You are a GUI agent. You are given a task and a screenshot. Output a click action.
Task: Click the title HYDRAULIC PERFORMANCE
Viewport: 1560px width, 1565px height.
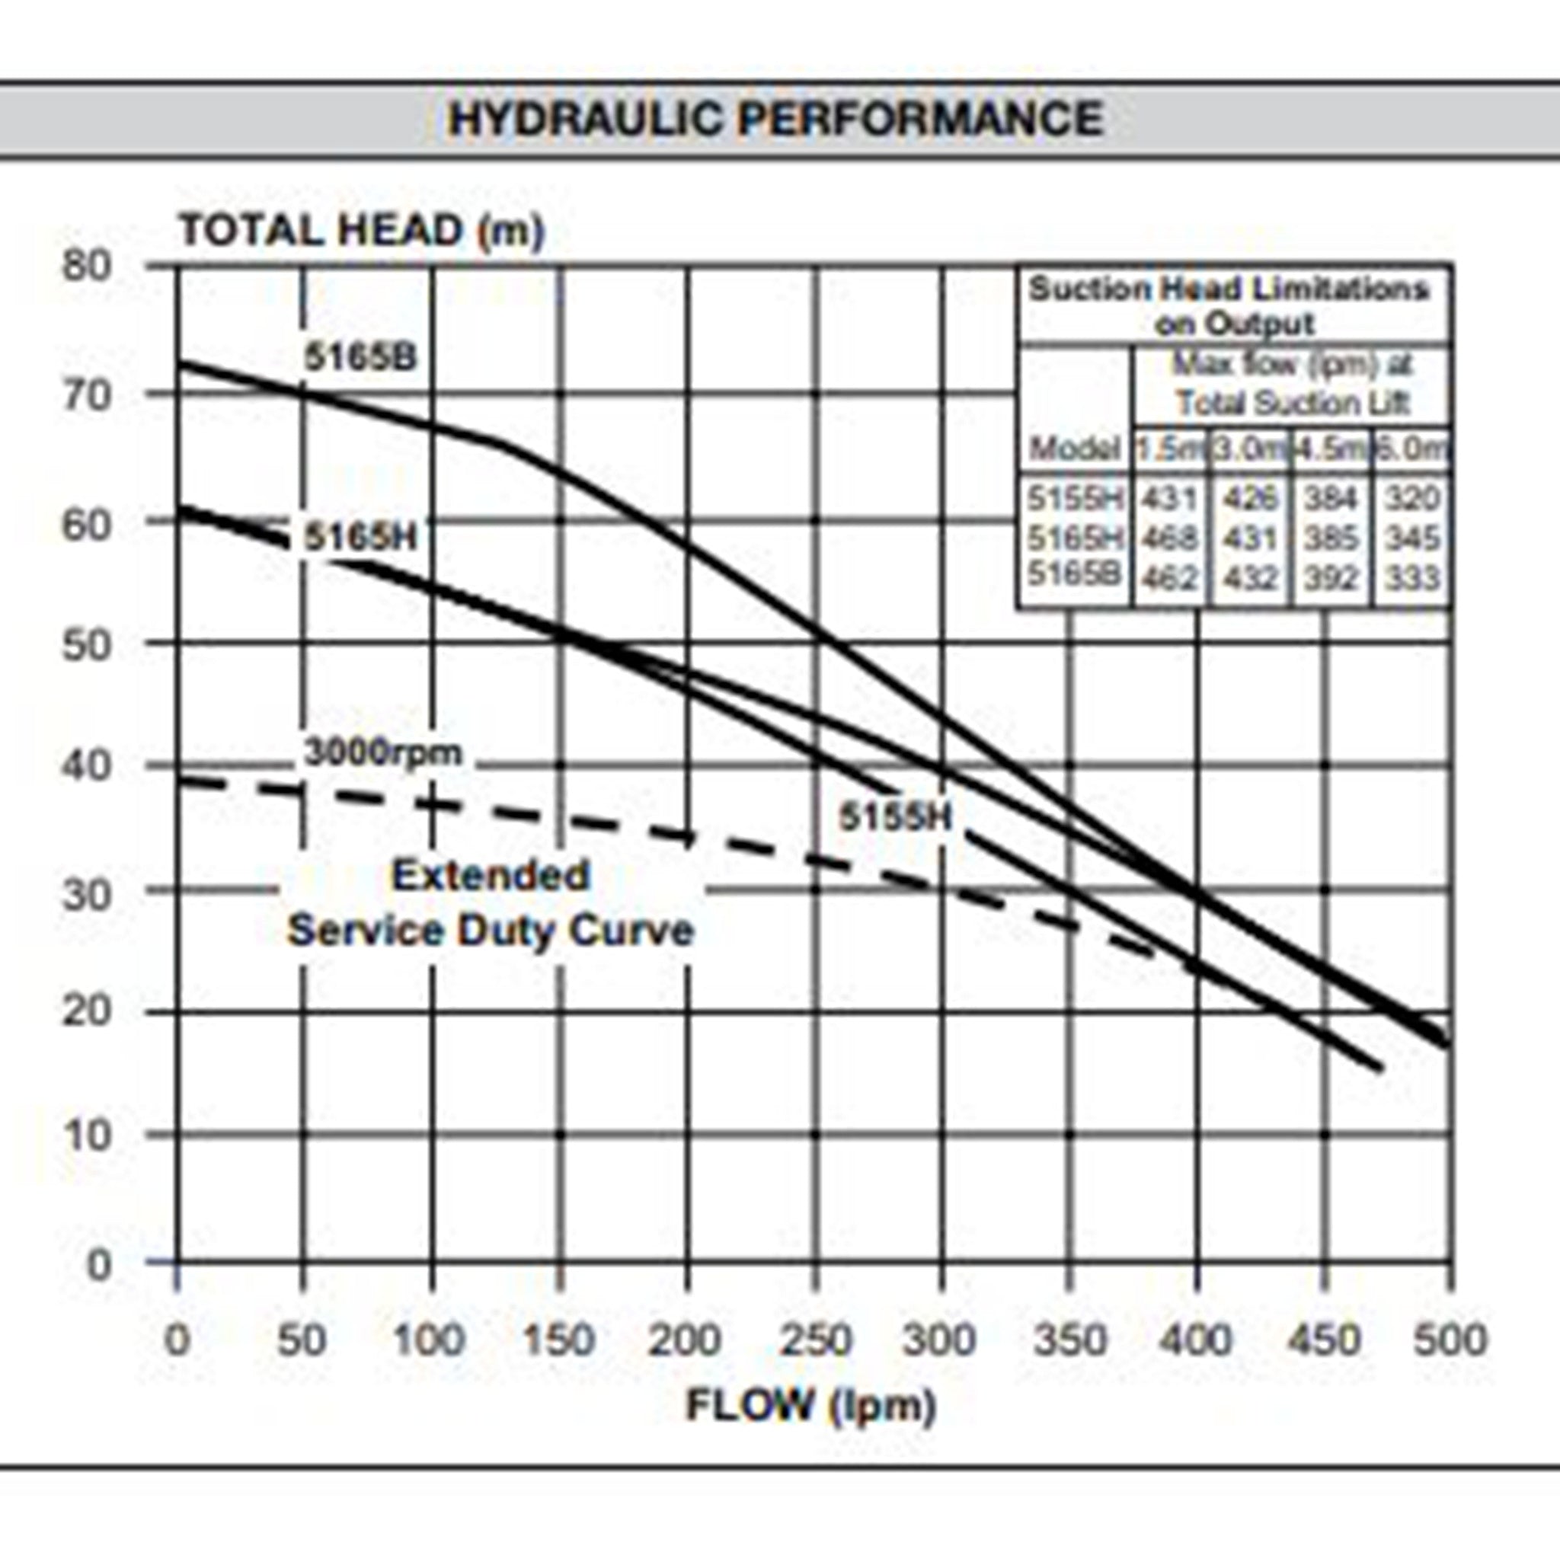click(775, 118)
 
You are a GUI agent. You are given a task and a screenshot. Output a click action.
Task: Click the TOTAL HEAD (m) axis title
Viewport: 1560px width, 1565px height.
click(361, 230)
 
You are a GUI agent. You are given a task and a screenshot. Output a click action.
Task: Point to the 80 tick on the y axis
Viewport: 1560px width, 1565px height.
click(87, 266)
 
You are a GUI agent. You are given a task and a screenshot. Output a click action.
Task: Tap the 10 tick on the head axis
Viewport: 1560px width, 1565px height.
click(87, 1135)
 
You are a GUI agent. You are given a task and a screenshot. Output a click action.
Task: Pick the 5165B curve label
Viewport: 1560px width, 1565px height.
click(360, 357)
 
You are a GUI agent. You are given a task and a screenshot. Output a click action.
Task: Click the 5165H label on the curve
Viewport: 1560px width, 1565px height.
click(360, 536)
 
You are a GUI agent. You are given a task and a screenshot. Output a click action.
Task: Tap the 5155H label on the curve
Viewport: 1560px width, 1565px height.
click(895, 816)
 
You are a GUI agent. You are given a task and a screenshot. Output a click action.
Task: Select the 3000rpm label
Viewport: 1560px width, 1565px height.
click(382, 752)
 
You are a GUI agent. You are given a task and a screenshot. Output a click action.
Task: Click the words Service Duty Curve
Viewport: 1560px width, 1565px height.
click(491, 930)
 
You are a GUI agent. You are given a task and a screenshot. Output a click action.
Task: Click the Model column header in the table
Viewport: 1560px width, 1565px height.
click(1074, 448)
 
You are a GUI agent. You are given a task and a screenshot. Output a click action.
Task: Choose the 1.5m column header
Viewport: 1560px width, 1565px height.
click(1169, 448)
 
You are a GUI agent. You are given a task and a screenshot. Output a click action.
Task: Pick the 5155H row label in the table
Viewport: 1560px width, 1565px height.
click(1075, 497)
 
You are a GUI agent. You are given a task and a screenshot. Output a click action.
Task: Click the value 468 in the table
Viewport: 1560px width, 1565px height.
click(1169, 538)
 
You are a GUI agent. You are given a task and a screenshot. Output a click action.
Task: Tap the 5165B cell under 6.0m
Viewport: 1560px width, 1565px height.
click(1411, 578)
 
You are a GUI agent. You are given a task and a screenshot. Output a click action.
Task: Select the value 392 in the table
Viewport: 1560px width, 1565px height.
click(1331, 578)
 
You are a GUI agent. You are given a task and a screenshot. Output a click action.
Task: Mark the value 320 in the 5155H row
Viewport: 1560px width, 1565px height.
click(1411, 497)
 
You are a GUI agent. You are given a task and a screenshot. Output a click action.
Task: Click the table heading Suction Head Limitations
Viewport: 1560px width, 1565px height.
click(1229, 289)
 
